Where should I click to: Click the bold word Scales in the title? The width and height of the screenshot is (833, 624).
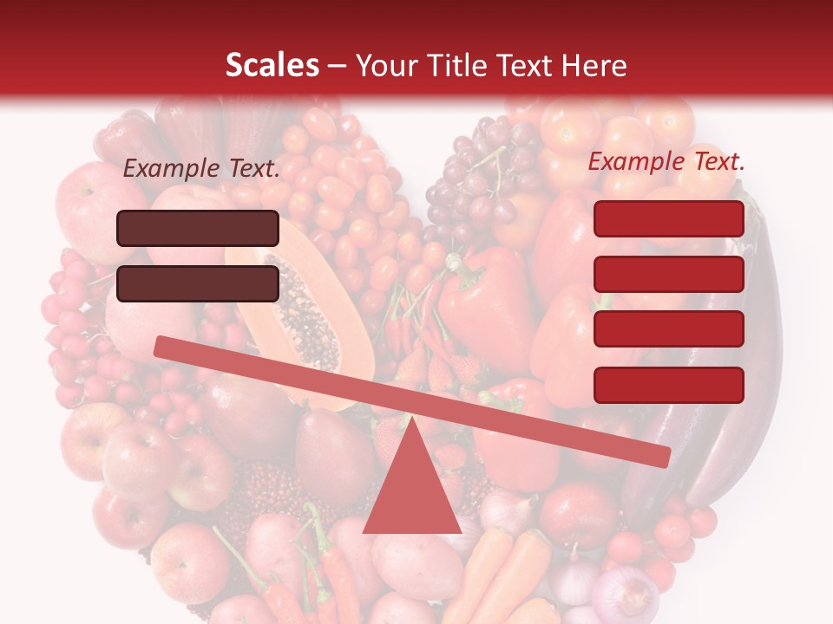click(x=272, y=66)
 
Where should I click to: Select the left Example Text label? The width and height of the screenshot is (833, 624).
click(x=201, y=169)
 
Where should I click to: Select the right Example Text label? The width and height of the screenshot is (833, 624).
click(x=666, y=161)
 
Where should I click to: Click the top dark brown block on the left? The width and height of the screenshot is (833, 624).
click(x=198, y=228)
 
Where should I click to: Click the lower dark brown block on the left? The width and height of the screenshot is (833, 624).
click(x=198, y=283)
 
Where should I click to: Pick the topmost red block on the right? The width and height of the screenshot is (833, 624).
click(x=669, y=218)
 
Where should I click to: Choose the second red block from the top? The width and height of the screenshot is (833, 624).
click(x=669, y=274)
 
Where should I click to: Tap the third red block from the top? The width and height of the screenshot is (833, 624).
click(x=669, y=329)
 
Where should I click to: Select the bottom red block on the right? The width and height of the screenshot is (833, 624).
click(x=669, y=385)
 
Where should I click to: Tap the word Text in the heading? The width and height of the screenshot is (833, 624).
click(x=526, y=66)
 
